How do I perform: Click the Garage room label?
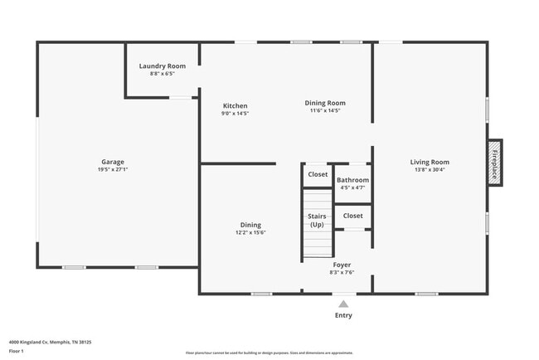(113, 162)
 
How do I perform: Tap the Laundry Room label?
(163, 66)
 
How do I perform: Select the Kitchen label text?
(236, 105)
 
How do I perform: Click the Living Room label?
(430, 162)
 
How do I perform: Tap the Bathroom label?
(352, 180)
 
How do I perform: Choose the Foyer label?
(341, 265)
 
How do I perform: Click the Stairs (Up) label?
(317, 221)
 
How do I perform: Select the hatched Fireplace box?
(494, 162)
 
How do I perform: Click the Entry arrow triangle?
(343, 304)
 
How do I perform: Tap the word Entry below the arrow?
(343, 315)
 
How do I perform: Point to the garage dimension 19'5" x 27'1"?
(113, 169)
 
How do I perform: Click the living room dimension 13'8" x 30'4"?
(430, 169)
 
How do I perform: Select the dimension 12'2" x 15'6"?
(250, 232)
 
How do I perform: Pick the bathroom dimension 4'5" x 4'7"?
(352, 187)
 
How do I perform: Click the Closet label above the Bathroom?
(318, 174)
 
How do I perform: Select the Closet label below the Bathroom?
(352, 216)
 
